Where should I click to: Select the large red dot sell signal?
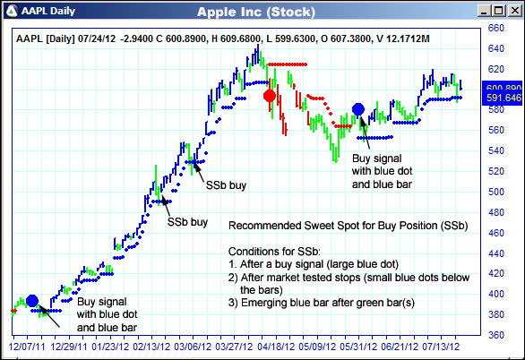click(270, 96)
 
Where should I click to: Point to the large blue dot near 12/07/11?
click(32, 301)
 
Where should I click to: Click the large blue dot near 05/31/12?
click(358, 110)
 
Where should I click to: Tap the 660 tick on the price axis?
click(495, 28)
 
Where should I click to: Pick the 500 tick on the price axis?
click(495, 192)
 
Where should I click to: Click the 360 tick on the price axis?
click(495, 335)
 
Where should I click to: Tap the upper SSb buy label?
click(228, 185)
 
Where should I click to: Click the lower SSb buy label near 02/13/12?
click(188, 220)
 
